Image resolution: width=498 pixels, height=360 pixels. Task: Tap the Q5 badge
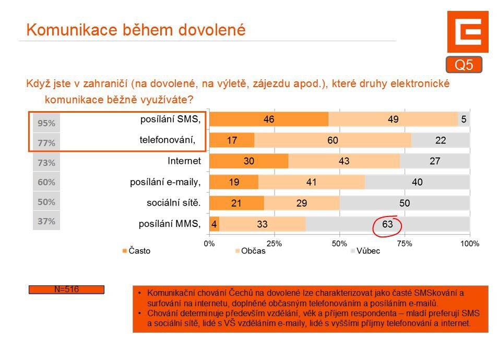click(464, 65)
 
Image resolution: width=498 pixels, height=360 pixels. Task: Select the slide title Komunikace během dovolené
click(136, 30)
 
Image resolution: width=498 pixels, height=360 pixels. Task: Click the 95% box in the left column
click(46, 123)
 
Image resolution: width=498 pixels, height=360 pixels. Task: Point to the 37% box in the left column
click(46, 221)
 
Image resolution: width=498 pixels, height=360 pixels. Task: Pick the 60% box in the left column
click(46, 183)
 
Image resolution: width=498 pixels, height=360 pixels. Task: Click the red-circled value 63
click(387, 224)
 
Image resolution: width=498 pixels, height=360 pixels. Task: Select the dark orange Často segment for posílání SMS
click(269, 119)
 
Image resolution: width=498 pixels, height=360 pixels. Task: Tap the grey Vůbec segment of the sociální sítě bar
click(405, 203)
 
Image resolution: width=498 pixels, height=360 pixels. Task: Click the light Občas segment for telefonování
click(333, 140)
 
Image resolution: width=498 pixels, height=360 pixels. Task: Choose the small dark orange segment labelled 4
click(214, 224)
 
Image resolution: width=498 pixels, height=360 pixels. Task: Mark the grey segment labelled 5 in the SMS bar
click(464, 119)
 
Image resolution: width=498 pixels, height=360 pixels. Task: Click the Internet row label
click(184, 161)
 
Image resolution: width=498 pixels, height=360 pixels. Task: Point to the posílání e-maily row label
click(165, 182)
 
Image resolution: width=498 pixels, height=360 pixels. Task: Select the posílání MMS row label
click(169, 224)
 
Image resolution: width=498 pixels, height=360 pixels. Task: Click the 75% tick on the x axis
click(405, 243)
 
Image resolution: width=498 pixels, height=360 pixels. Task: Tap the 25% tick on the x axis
click(274, 243)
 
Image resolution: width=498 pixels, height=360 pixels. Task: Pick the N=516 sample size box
click(66, 290)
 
